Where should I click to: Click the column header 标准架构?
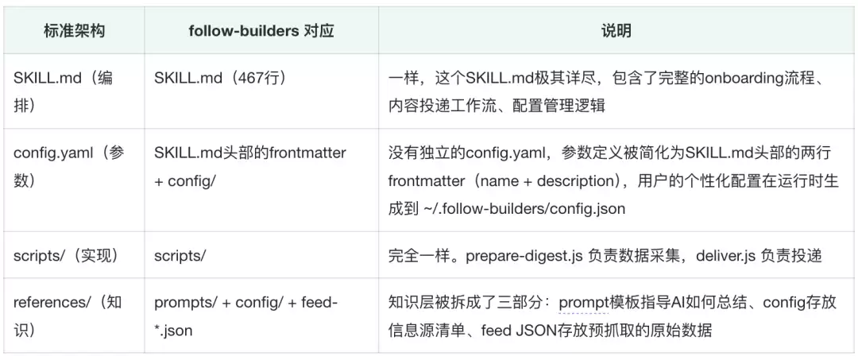pyautogui.click(x=75, y=31)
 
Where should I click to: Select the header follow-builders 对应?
pyautogui.click(x=261, y=31)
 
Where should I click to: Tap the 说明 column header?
pyautogui.click(x=616, y=31)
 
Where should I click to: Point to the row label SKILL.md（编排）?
pyautogui.click(x=63, y=91)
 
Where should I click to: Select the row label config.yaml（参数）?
pyautogui.click(x=69, y=166)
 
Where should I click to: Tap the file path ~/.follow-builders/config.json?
pyautogui.click(x=524, y=210)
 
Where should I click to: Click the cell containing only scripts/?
pyautogui.click(x=180, y=256)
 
